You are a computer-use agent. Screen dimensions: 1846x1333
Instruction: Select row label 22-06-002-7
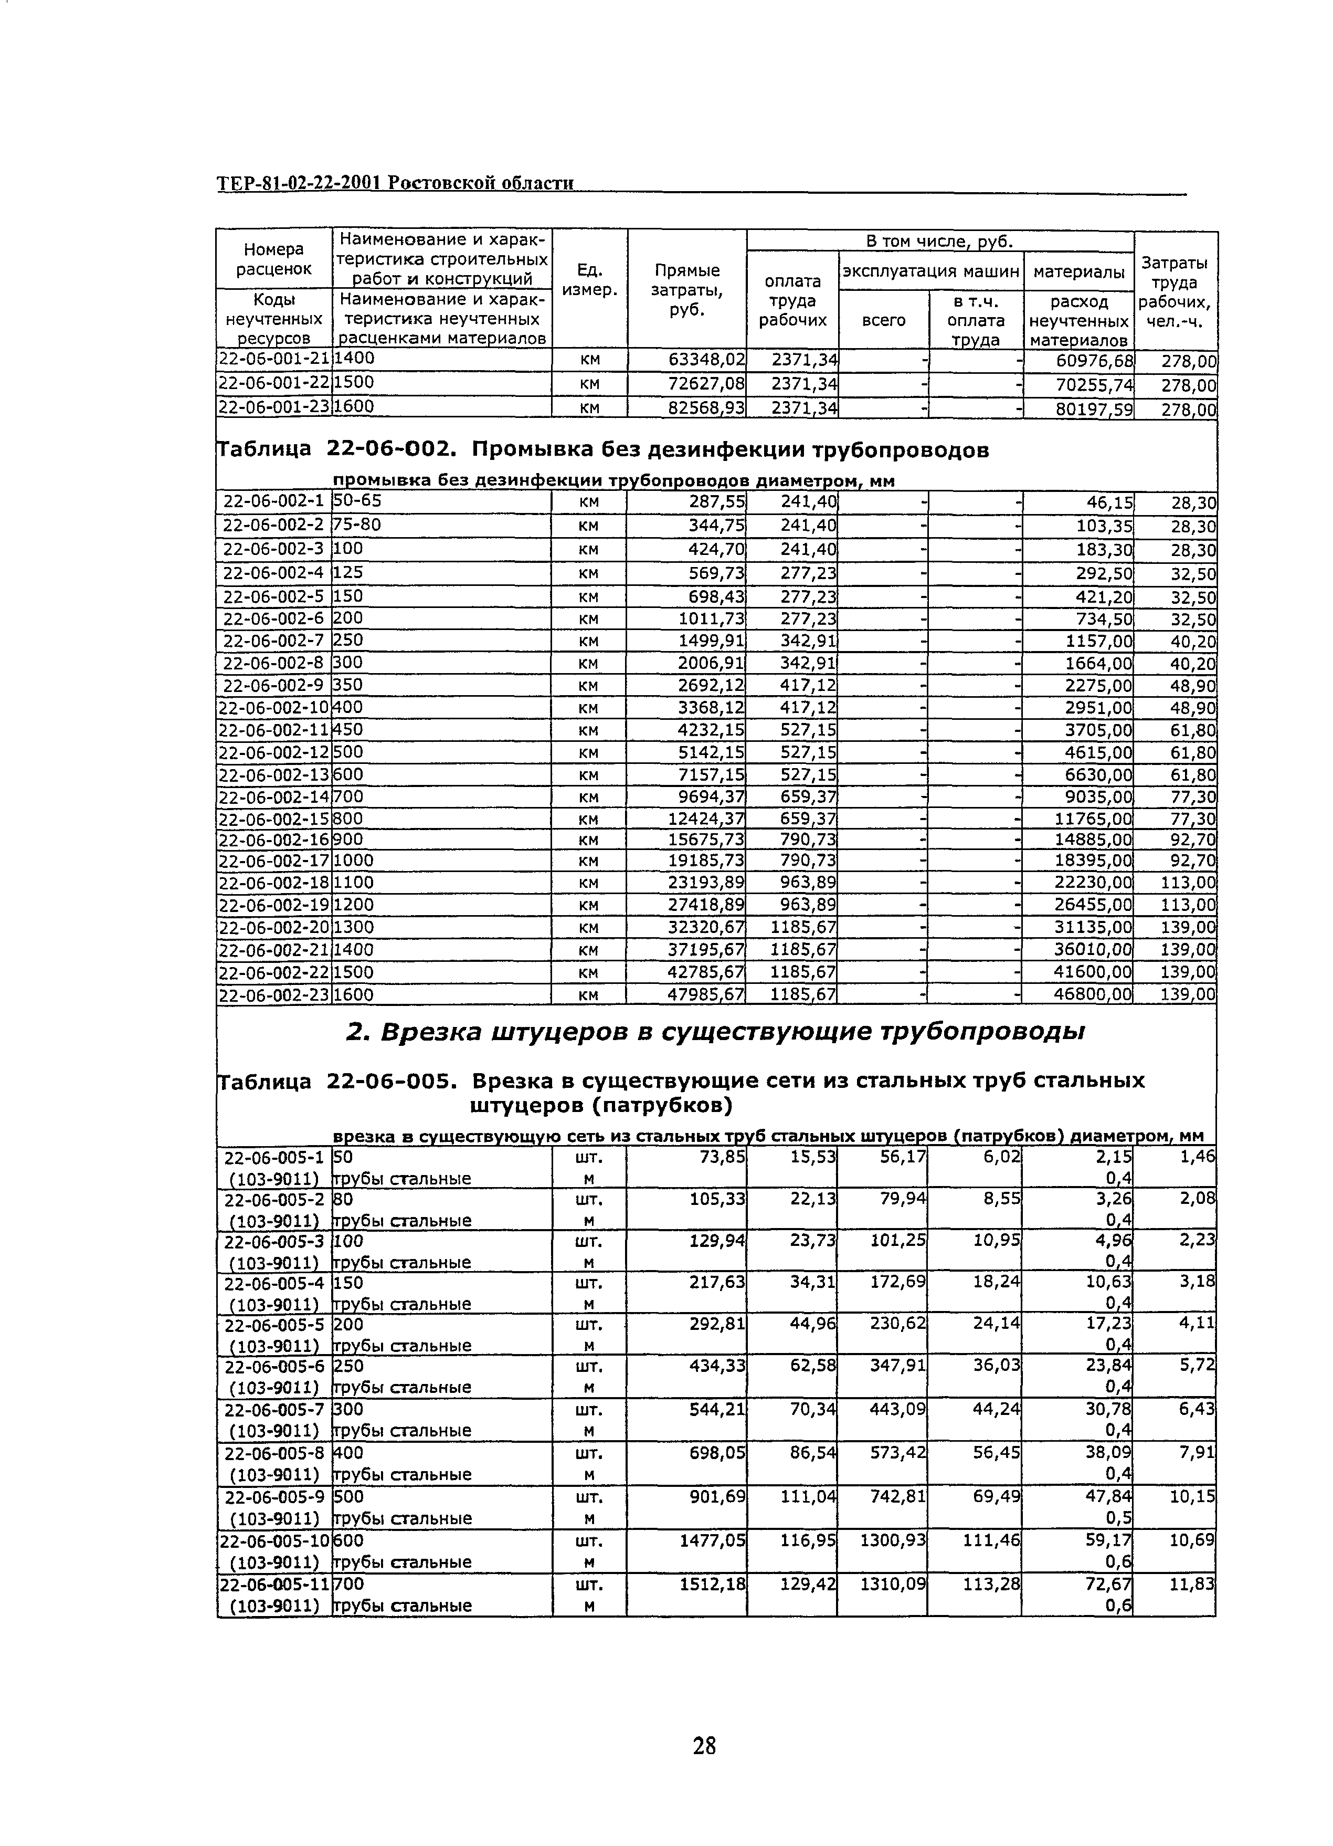[273, 641]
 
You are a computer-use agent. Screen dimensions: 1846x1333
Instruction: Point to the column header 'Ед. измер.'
[590, 279]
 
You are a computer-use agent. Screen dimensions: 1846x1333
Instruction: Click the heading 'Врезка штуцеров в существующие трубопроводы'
[716, 1032]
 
